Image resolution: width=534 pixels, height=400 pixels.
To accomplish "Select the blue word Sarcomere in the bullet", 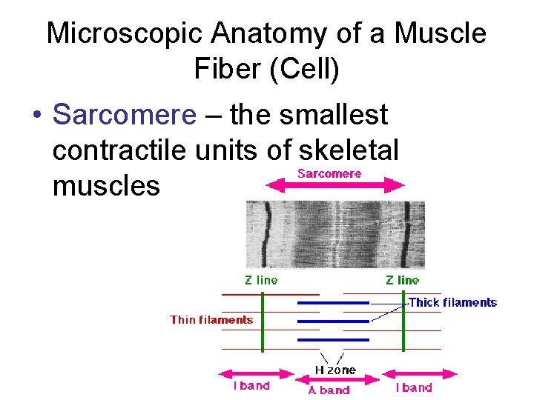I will click(x=125, y=116).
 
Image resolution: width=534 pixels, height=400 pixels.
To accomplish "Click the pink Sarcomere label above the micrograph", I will click(x=329, y=174).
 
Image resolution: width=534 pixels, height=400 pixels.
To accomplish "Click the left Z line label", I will click(x=261, y=281).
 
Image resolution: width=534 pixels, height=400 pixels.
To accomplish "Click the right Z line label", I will click(x=402, y=281).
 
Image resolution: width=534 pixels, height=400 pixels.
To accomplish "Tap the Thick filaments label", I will click(x=452, y=302).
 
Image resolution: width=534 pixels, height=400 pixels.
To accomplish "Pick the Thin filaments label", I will click(x=211, y=321).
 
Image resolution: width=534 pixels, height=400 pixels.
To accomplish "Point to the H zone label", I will click(x=335, y=370).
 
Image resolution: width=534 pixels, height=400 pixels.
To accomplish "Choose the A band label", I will click(x=329, y=390).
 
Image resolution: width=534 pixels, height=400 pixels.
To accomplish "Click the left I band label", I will click(x=252, y=387).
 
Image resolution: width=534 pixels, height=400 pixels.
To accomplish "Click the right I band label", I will click(x=414, y=387).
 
